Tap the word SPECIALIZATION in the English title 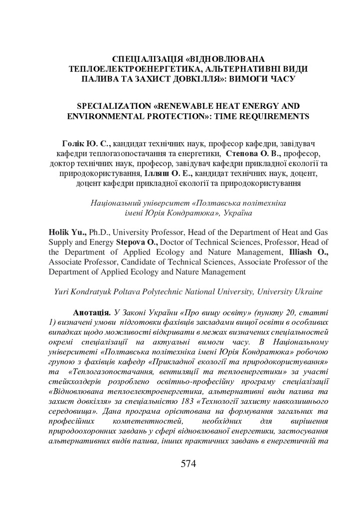(x=115, y=107)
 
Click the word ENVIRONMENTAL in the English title (x=112, y=117)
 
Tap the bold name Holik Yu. (x=67, y=233)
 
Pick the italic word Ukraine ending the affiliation (x=308, y=291)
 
